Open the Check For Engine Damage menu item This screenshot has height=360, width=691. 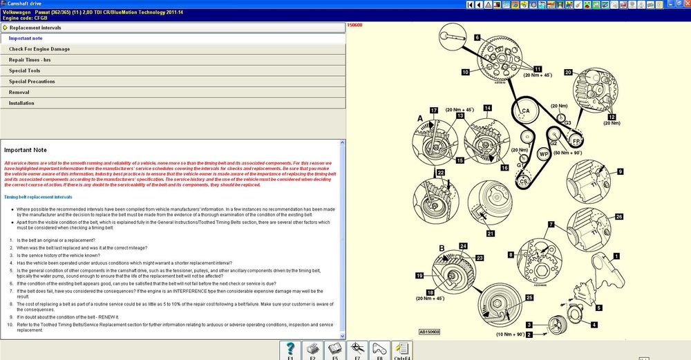pos(39,49)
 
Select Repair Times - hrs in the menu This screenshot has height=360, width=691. pos(30,60)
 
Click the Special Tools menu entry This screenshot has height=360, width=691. pos(24,70)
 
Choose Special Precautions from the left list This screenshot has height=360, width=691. pos(32,82)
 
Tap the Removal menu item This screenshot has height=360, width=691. pos(19,92)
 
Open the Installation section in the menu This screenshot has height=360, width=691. pos(21,103)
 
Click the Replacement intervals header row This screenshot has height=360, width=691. pos(35,28)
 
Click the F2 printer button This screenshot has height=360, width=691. pos(312,350)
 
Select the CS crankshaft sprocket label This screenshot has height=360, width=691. pos(524,181)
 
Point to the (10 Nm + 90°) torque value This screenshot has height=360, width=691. pos(510,334)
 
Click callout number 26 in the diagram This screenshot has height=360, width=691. pos(618,217)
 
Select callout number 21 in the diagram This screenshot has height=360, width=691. pos(490,234)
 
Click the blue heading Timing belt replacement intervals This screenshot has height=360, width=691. pos(39,197)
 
